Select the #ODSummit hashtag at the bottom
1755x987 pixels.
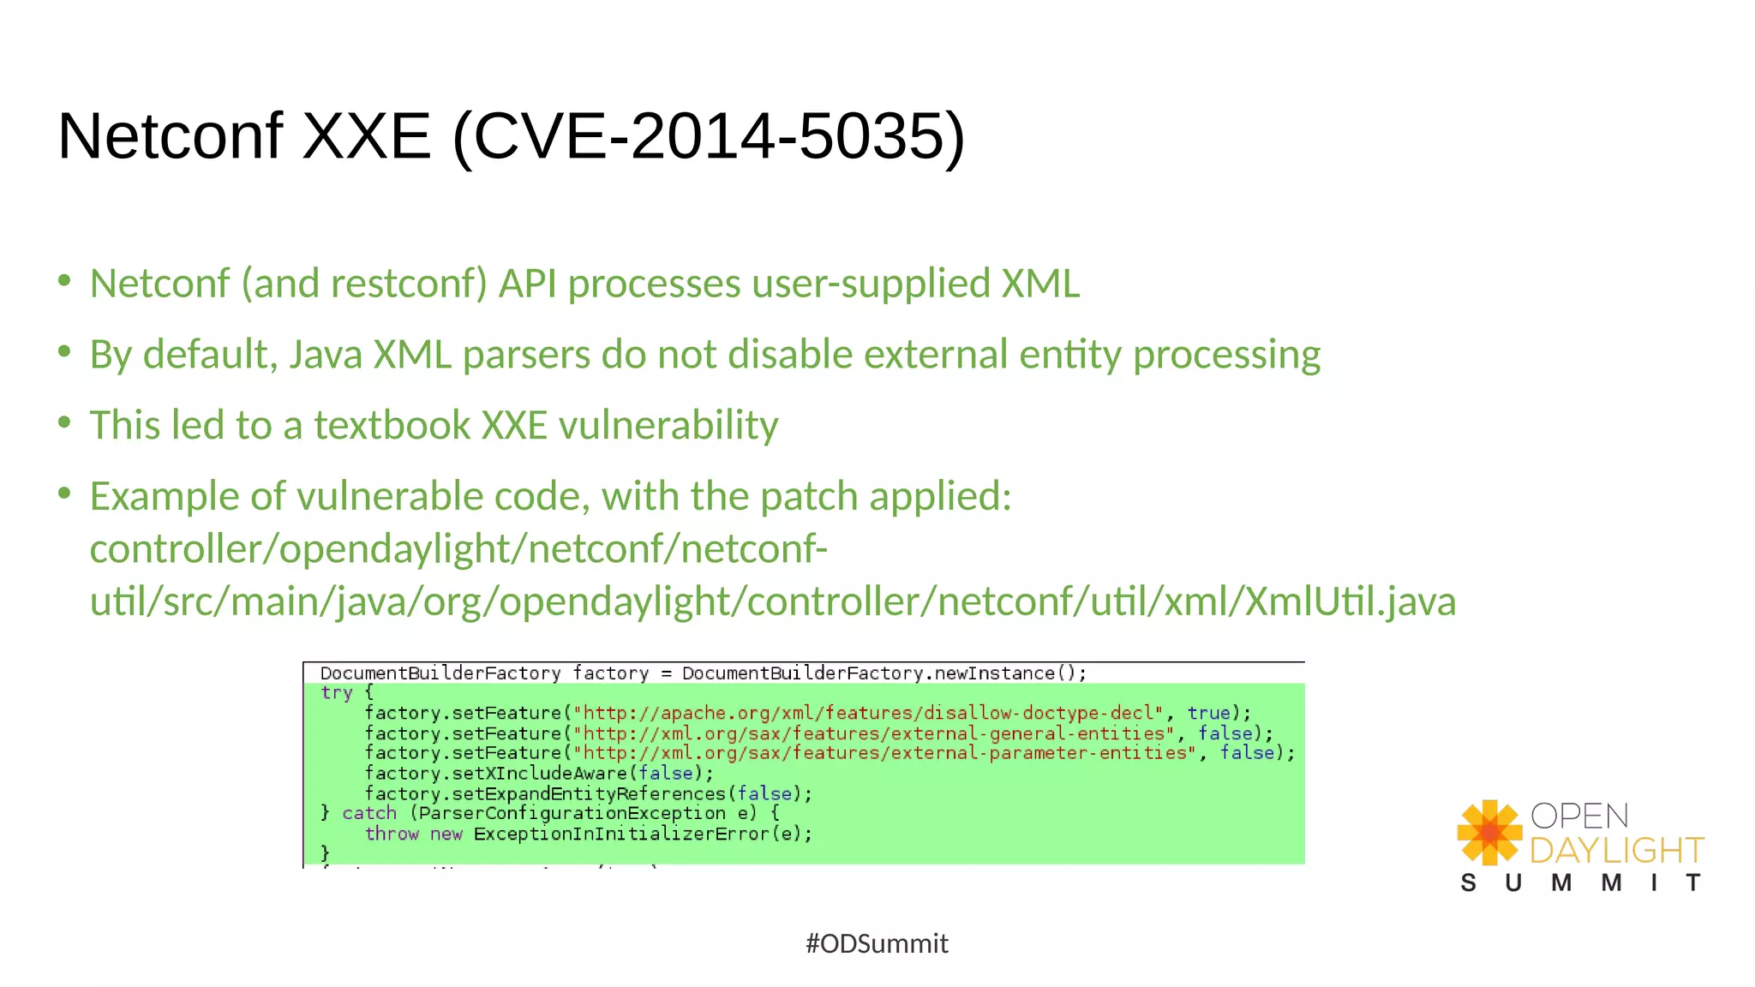click(x=877, y=943)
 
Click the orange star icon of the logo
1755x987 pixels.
click(x=1489, y=832)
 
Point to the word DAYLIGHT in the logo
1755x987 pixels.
click(x=1616, y=851)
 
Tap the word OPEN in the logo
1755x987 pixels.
click(x=1579, y=816)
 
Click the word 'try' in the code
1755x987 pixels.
click(x=336, y=693)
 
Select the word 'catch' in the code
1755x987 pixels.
click(x=369, y=813)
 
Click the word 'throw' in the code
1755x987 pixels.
click(x=392, y=834)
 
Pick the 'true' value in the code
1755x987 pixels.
click(x=1208, y=713)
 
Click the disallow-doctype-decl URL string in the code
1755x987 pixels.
click(x=869, y=713)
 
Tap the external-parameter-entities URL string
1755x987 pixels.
click(x=885, y=753)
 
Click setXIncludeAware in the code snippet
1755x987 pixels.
click(x=540, y=774)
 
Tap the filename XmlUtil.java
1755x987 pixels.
click(x=1350, y=601)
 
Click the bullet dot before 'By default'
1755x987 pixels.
click(x=64, y=352)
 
